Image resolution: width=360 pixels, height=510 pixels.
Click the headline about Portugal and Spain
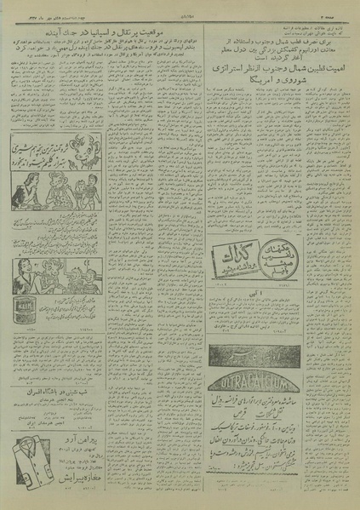119,32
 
